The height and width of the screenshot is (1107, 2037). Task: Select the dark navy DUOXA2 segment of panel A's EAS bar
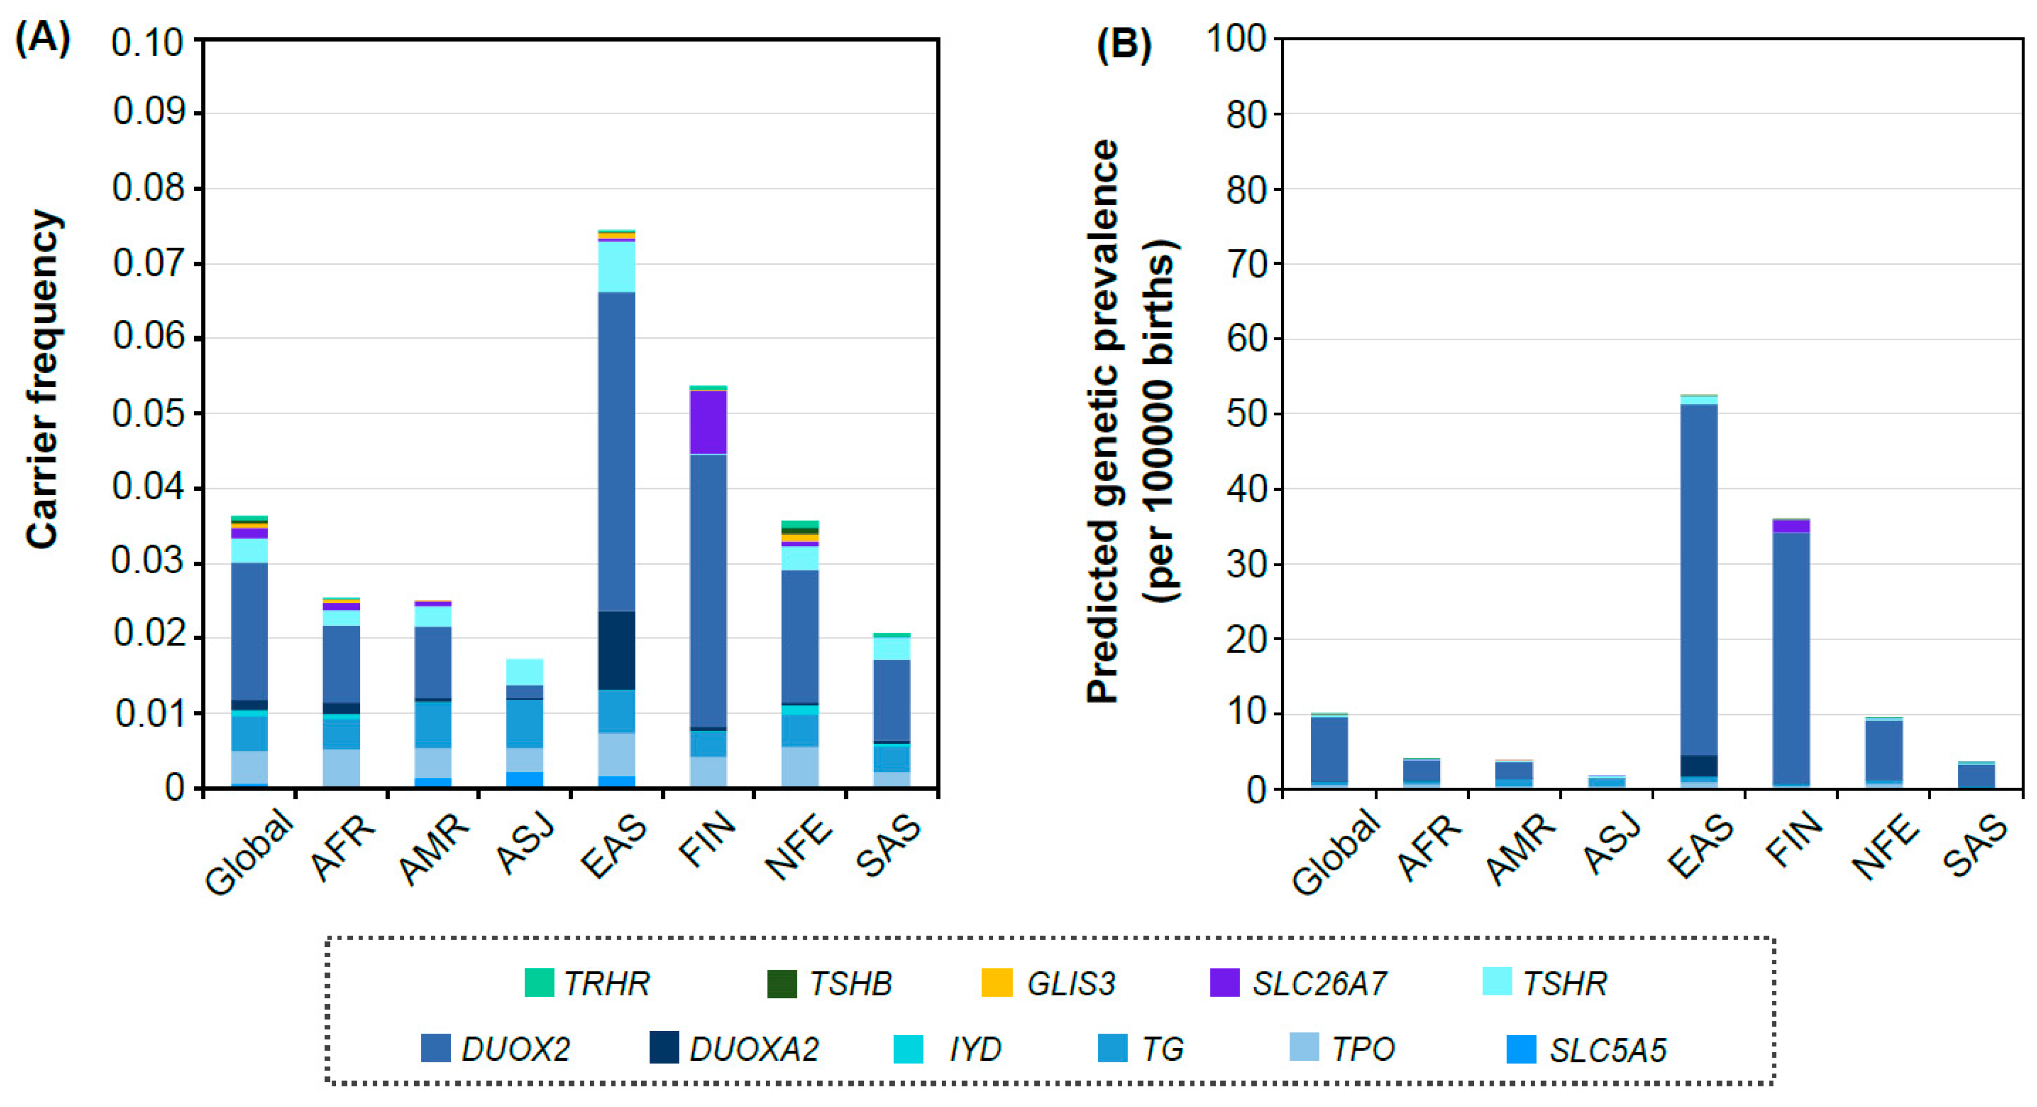point(616,650)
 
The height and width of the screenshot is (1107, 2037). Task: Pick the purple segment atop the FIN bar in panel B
point(1790,526)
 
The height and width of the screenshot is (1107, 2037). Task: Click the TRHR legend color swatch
point(538,982)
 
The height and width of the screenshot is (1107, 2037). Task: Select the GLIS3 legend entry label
point(1070,984)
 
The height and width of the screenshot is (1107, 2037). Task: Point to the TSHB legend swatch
point(781,982)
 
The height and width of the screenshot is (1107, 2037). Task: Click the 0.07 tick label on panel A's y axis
point(147,263)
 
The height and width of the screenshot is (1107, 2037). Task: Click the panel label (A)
point(43,37)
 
